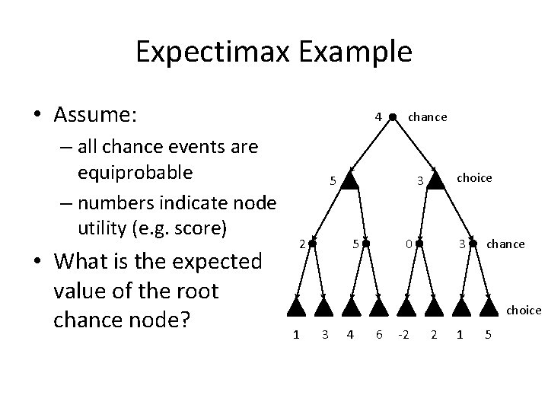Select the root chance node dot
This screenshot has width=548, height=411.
[393, 117]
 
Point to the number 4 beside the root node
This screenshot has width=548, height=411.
[378, 117]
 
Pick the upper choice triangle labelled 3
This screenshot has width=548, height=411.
[435, 180]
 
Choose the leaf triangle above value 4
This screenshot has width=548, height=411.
[350, 307]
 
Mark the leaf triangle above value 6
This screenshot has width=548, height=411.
[378, 307]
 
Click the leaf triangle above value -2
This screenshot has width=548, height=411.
[407, 307]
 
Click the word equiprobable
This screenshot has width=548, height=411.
[135, 172]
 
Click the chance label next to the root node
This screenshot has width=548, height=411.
[428, 117]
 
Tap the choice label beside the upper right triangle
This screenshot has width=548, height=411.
[474, 177]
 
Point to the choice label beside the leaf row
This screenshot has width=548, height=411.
[524, 310]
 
